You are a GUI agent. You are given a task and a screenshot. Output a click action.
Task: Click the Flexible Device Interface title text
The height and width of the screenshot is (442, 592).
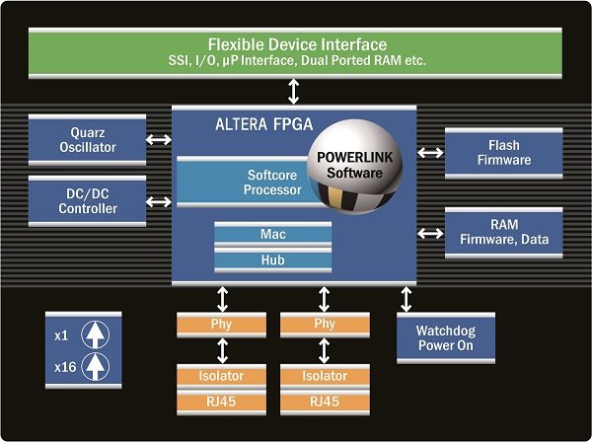(x=296, y=45)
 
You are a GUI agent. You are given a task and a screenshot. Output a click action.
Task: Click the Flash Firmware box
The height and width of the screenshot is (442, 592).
(x=503, y=152)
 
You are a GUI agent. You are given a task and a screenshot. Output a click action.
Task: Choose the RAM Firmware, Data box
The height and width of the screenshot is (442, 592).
(x=503, y=232)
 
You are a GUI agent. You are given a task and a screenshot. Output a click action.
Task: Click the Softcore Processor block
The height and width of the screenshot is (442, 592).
(x=252, y=182)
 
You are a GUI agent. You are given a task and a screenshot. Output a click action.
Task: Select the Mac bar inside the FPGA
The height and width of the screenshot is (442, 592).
(x=272, y=235)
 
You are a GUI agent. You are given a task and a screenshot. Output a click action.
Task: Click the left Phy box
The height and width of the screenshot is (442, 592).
(x=223, y=323)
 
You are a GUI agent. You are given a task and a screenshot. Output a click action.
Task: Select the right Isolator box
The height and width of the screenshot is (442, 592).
(x=326, y=375)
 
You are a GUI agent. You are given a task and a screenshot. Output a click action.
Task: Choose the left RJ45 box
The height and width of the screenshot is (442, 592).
(x=223, y=401)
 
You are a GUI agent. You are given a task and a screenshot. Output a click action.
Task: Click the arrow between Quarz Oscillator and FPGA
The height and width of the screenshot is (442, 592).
(x=158, y=140)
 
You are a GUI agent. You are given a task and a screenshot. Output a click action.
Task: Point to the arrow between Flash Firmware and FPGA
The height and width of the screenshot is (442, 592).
(x=431, y=152)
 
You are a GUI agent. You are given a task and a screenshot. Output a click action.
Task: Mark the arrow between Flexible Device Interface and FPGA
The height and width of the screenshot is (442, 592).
(x=294, y=90)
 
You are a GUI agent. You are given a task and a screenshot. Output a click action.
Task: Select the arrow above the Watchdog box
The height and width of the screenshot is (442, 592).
(x=407, y=298)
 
